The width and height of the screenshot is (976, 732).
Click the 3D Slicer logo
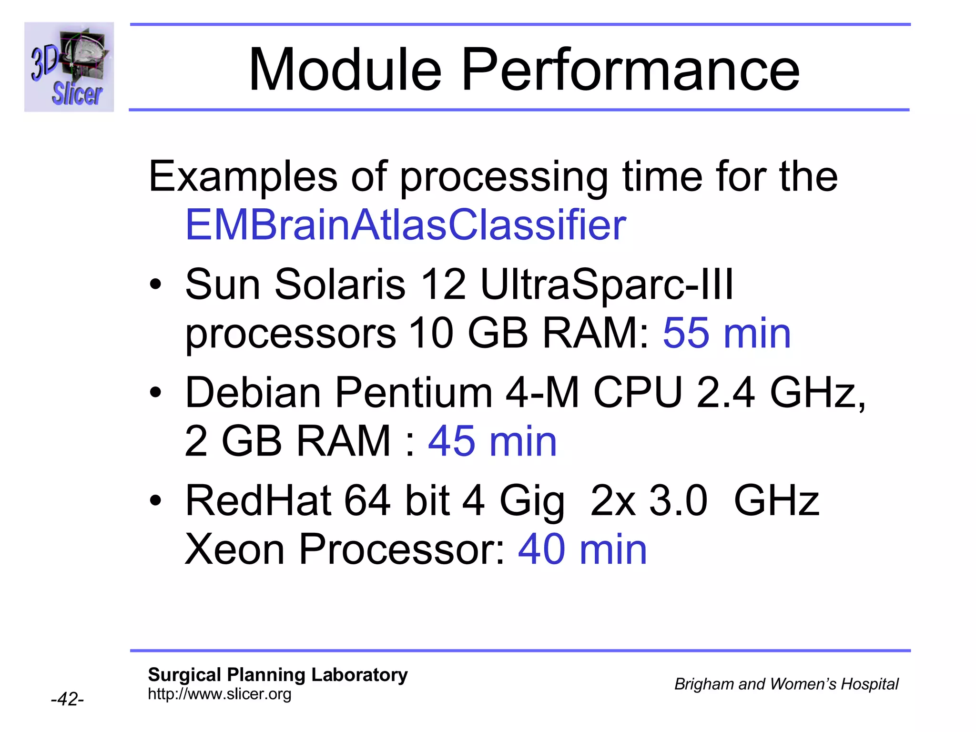click(x=69, y=67)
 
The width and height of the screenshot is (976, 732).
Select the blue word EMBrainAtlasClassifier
click(x=406, y=225)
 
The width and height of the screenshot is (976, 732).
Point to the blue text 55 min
click(x=726, y=333)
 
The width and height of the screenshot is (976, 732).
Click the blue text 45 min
click(x=492, y=441)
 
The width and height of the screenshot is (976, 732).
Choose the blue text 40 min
click(x=582, y=549)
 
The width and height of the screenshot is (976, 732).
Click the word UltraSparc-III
click(x=607, y=285)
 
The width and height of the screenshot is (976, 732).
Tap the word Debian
click(x=253, y=393)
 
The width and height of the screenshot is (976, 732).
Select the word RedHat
click(x=258, y=500)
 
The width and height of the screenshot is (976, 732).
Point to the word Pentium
click(x=413, y=393)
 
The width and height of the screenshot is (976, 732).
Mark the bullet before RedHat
click(x=155, y=501)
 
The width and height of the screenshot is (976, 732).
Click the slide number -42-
click(x=67, y=699)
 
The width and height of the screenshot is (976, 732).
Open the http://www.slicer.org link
click(x=219, y=694)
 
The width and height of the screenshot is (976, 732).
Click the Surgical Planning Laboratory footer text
click(x=277, y=675)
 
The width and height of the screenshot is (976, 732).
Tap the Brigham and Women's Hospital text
click(x=786, y=684)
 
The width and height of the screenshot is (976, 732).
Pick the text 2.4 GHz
click(x=780, y=393)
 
